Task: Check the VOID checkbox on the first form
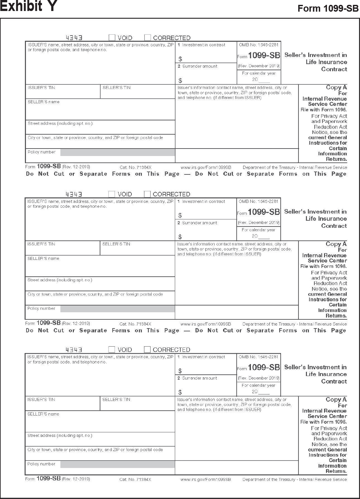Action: pyautogui.click(x=112, y=38)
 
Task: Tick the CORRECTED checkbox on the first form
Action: pyautogui.click(x=148, y=38)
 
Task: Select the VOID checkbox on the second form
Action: pyautogui.click(x=112, y=194)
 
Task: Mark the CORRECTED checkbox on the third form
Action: pyautogui.click(x=147, y=349)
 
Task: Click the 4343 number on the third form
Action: pyautogui.click(x=74, y=350)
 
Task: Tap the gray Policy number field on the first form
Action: pyautogui.click(x=118, y=152)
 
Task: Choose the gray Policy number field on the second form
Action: pyautogui.click(x=118, y=309)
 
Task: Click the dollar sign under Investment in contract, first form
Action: pyautogui.click(x=180, y=59)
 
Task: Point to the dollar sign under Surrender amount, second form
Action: pyautogui.click(x=180, y=237)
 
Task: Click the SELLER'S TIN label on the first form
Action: pyautogui.click(x=117, y=88)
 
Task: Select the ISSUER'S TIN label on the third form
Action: pyautogui.click(x=41, y=400)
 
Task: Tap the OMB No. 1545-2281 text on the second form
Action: pyautogui.click(x=258, y=201)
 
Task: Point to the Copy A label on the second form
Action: pyautogui.click(x=336, y=244)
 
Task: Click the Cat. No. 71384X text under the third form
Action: pyautogui.click(x=135, y=479)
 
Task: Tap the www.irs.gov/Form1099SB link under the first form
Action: pyautogui.click(x=206, y=167)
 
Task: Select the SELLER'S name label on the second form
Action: pyautogui.click(x=43, y=259)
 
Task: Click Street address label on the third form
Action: pyautogui.click(x=60, y=436)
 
